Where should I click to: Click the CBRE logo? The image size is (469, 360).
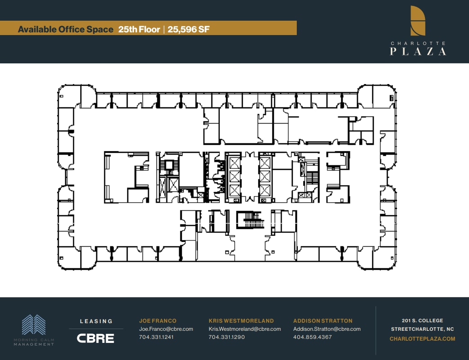pos(95,338)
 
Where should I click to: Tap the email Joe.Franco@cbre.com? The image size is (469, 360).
pos(166,329)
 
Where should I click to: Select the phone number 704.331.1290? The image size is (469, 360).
pos(227,337)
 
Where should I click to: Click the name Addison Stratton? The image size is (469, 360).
pos(323,321)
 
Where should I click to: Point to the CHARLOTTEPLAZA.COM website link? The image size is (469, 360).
pos(422,339)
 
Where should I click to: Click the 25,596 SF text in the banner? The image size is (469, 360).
pos(188,29)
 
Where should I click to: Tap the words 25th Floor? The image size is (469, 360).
pos(139,29)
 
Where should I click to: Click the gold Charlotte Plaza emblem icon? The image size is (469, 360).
pos(418,21)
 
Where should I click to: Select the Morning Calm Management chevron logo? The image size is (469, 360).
pos(34,324)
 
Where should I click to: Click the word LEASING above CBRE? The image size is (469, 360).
pos(96,321)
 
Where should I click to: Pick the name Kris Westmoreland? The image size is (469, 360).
pos(241,321)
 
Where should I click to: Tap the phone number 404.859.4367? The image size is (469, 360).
pos(312,337)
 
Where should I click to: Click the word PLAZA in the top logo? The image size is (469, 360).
pos(418,51)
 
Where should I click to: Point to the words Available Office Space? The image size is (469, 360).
pos(66,29)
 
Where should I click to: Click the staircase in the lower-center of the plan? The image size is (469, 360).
pos(250,220)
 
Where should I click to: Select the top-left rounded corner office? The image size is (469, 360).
pos(69,96)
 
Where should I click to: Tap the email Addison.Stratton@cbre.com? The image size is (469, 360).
pos(327,329)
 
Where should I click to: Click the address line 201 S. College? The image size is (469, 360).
pos(422,320)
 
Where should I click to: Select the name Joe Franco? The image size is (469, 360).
pos(158,321)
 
